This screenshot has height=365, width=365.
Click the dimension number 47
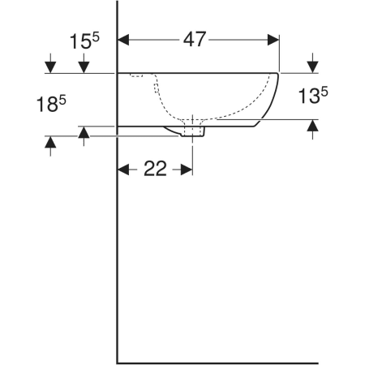pyautogui.click(x=195, y=40)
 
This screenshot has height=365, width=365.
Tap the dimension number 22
pyautogui.click(x=155, y=169)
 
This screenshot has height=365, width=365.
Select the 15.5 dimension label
pyautogui.click(x=84, y=41)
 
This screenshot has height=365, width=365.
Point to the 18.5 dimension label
pyautogui.click(x=51, y=105)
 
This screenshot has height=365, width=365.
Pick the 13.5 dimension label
pyautogui.click(x=313, y=95)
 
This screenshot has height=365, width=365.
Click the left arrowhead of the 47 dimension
pyautogui.click(x=123, y=40)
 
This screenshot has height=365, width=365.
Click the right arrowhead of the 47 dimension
pyautogui.click(x=273, y=40)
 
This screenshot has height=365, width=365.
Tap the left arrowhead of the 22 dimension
pyautogui.click(x=123, y=170)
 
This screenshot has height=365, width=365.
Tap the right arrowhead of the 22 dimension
pyautogui.click(x=187, y=170)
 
